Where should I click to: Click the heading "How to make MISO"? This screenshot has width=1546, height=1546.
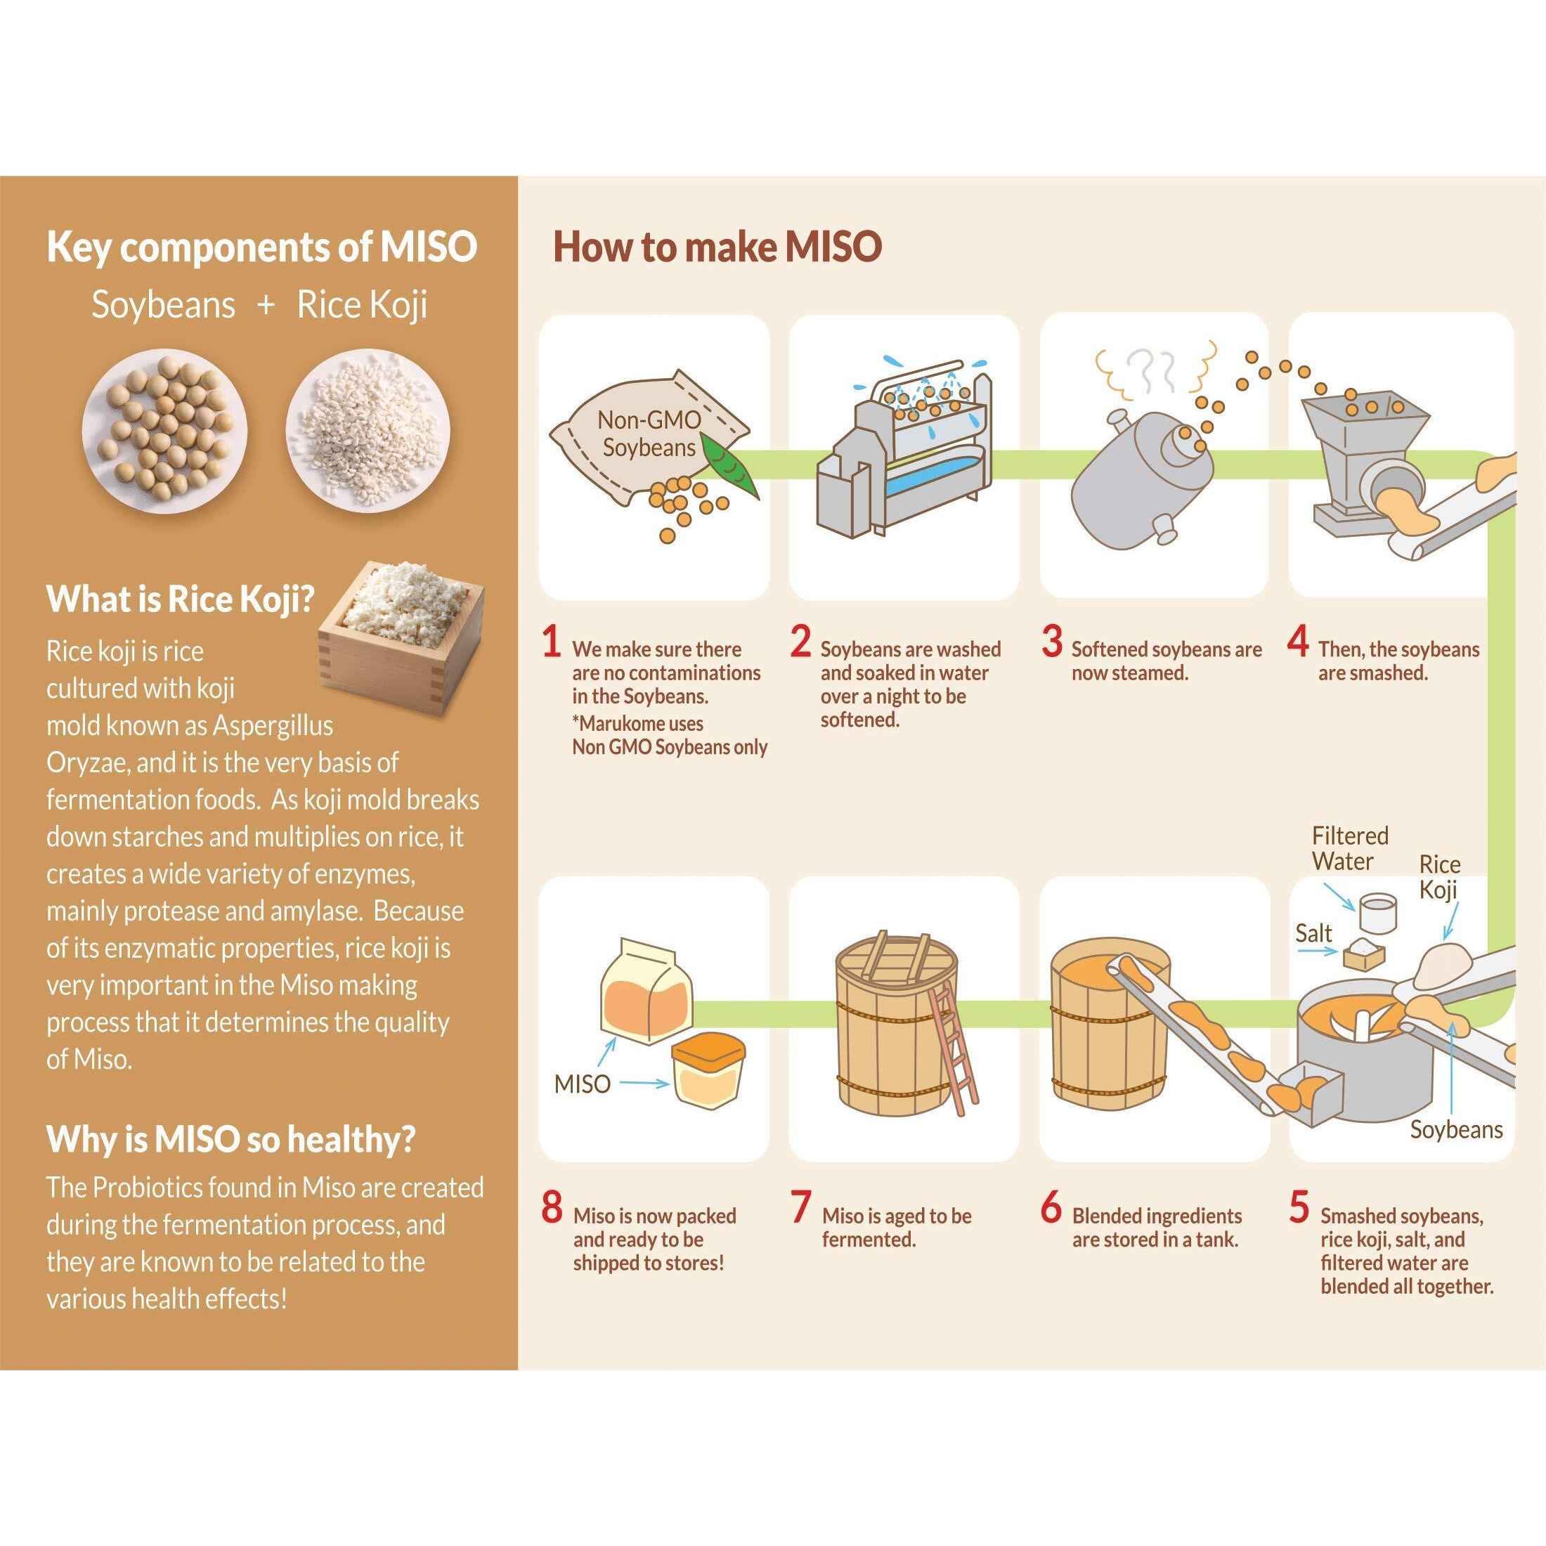tap(717, 247)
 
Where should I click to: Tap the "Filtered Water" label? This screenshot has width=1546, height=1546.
tap(1349, 848)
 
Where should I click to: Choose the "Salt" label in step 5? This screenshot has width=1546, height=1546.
tap(1314, 933)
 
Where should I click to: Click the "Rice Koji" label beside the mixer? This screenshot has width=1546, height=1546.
tap(1440, 877)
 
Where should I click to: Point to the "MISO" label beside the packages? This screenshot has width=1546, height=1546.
tap(583, 1084)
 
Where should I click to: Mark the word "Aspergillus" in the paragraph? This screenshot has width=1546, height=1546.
tap(272, 725)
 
